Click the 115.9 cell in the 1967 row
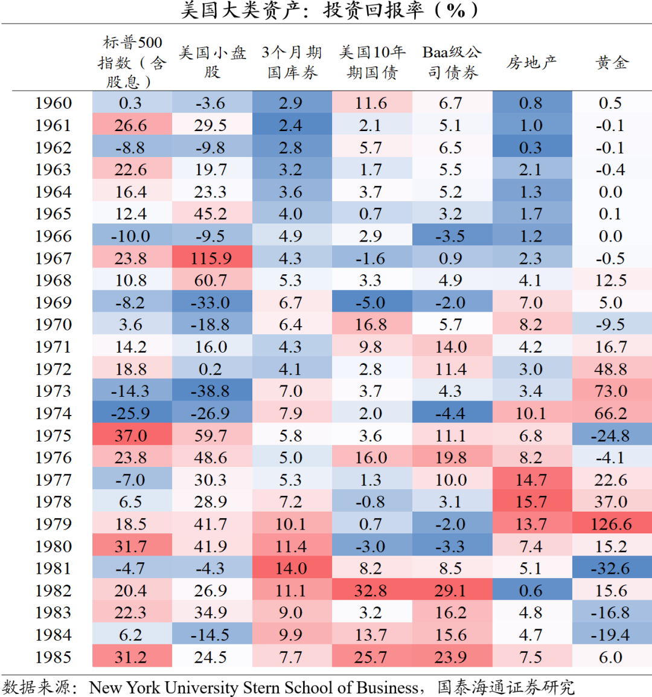coord(211,259)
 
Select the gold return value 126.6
coord(611,524)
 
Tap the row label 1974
coord(53,414)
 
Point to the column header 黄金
coord(612,62)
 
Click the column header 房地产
coord(531,62)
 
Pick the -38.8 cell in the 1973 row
coord(211,391)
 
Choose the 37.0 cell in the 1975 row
coord(131,435)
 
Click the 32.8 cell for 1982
coord(371,591)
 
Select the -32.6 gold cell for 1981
coord(611,568)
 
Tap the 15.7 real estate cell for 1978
coord(531,502)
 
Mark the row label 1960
coord(53,103)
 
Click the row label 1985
coord(53,657)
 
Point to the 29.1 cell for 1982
coord(451,591)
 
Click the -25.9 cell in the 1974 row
coord(131,414)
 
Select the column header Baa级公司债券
coord(452,62)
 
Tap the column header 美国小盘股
coord(212,62)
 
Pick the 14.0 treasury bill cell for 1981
coord(291,568)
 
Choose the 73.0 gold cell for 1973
coord(611,391)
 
